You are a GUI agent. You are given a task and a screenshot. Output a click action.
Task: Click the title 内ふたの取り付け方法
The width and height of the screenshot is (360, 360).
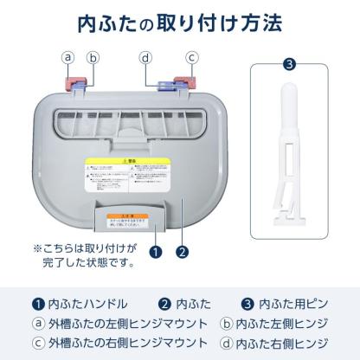[179, 21]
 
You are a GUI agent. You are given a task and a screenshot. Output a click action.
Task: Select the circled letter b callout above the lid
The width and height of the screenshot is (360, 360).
[93, 58]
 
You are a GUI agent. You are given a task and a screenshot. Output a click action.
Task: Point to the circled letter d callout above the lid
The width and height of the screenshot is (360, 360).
[145, 58]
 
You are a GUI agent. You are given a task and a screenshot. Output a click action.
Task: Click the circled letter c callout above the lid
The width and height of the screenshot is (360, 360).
[192, 58]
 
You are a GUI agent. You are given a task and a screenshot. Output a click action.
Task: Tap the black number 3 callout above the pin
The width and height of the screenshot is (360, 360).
[289, 63]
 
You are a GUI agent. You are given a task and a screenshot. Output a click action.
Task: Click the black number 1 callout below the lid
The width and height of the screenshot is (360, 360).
[155, 253]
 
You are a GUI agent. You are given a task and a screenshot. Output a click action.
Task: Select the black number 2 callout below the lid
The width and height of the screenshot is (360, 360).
[182, 253]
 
